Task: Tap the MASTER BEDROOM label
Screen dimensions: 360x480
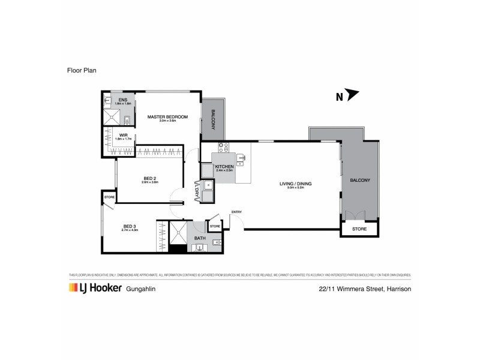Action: pyautogui.click(x=168, y=116)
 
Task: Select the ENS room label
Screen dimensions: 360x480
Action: pyautogui.click(x=122, y=100)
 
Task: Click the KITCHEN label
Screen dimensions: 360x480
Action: pyautogui.click(x=224, y=166)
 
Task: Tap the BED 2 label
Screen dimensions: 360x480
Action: pyautogui.click(x=150, y=178)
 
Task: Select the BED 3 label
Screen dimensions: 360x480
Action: pyautogui.click(x=130, y=226)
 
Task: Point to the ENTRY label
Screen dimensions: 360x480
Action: pyautogui.click(x=236, y=212)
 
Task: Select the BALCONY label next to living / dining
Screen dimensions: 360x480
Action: pyautogui.click(x=361, y=180)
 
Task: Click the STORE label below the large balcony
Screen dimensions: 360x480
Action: pyautogui.click(x=359, y=229)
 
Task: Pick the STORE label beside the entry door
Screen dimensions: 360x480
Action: pyautogui.click(x=215, y=226)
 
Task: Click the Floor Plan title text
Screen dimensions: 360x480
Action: pyautogui.click(x=82, y=70)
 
